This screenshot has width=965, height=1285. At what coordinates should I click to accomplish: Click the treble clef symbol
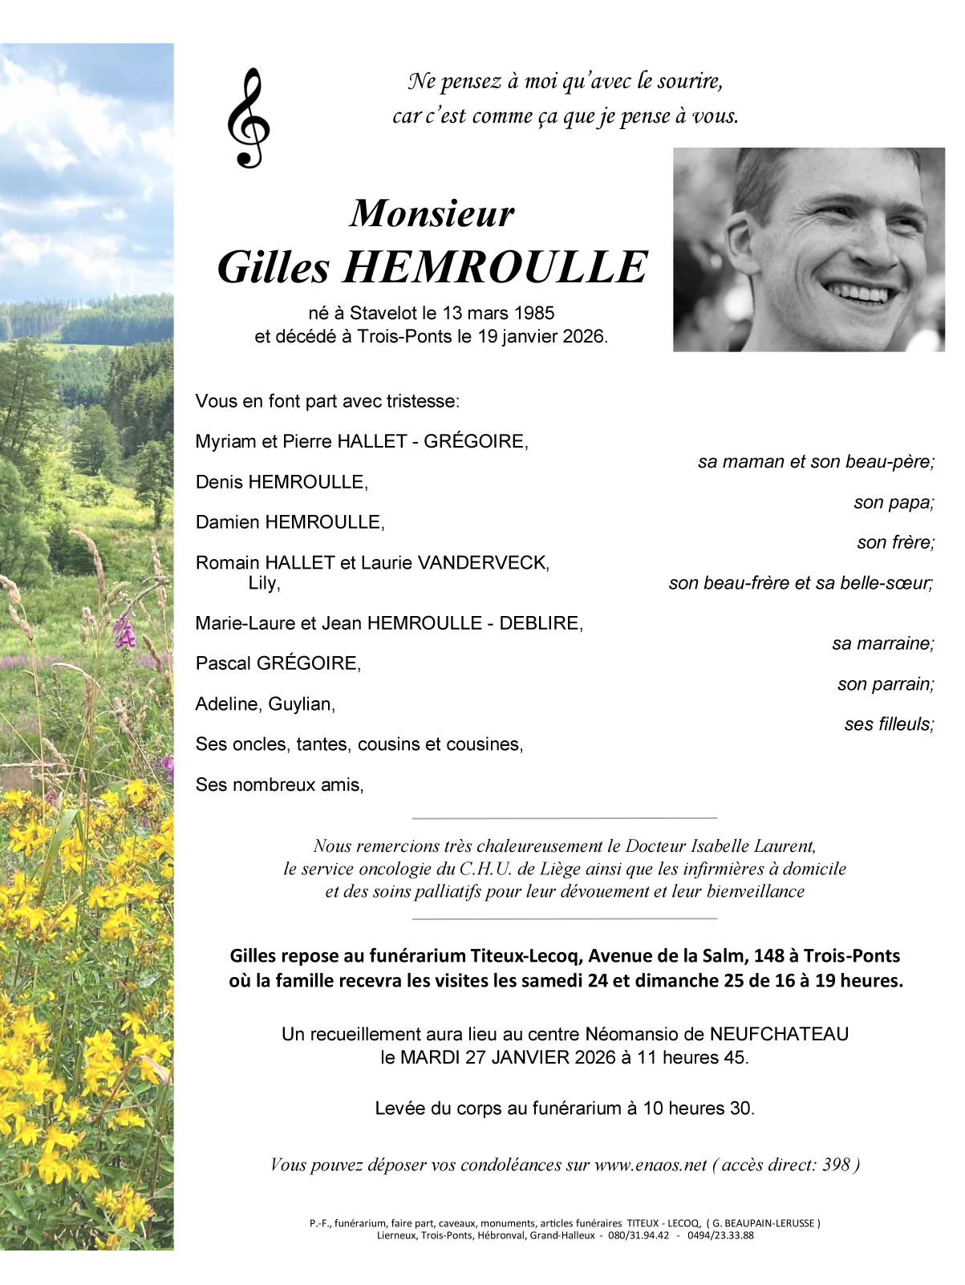(x=248, y=118)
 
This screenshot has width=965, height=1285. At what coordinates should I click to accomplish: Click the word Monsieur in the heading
(x=432, y=213)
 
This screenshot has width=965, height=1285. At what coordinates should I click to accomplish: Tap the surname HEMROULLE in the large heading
(x=495, y=268)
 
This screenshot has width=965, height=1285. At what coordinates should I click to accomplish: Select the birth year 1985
(x=533, y=314)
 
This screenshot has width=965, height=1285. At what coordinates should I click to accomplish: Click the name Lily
(x=263, y=583)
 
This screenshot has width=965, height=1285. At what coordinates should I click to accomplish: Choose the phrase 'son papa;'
(x=894, y=503)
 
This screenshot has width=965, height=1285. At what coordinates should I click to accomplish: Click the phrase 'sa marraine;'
(x=882, y=644)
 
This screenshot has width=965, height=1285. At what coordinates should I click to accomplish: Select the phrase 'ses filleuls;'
(x=889, y=724)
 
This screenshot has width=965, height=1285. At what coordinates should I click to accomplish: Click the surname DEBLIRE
(x=539, y=623)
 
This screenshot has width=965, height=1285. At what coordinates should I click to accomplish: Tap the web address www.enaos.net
(x=651, y=1165)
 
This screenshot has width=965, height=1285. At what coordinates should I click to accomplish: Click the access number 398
(x=836, y=1165)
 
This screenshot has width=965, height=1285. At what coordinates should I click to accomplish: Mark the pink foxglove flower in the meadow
(x=124, y=630)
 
